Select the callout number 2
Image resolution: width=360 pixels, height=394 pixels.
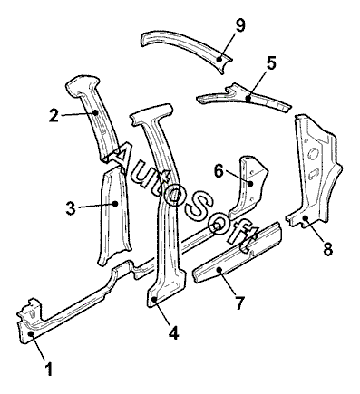54,115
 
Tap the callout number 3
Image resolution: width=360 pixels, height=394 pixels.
71,208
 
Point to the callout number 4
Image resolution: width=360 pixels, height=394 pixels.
174,332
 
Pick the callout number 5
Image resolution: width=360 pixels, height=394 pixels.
271,62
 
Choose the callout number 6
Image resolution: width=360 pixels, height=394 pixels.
219,171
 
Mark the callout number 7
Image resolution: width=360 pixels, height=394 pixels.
239,303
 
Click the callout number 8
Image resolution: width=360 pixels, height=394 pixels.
327,249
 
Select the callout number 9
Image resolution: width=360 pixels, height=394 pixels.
240,25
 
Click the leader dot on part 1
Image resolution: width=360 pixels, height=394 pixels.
31,333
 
